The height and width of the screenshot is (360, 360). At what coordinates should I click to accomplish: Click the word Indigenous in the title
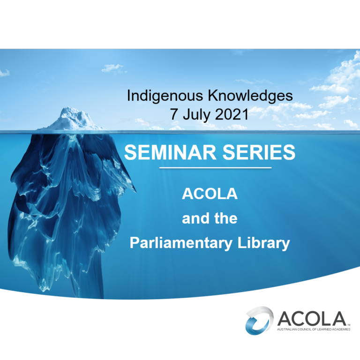(165, 96)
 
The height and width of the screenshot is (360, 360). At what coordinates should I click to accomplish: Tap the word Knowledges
(250, 96)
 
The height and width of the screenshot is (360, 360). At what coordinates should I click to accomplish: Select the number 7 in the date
(174, 114)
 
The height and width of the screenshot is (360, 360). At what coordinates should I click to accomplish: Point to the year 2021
(232, 114)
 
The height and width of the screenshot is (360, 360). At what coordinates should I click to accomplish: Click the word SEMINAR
(170, 152)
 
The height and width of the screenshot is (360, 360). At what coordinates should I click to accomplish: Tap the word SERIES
(259, 152)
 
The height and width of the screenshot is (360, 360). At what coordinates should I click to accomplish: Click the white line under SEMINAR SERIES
(215, 168)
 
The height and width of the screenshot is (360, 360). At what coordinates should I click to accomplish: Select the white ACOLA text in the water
(210, 194)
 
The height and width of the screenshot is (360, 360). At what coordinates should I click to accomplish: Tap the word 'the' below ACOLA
(225, 218)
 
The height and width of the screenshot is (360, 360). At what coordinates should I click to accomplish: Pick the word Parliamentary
(181, 243)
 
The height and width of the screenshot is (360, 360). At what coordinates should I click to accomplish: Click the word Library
(263, 243)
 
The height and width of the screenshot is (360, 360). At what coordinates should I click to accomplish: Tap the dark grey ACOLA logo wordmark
(312, 318)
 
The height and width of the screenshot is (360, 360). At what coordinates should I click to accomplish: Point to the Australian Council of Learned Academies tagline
(314, 329)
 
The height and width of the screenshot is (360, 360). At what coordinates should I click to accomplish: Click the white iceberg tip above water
(73, 119)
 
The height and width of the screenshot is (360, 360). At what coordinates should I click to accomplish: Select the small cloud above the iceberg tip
(113, 68)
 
